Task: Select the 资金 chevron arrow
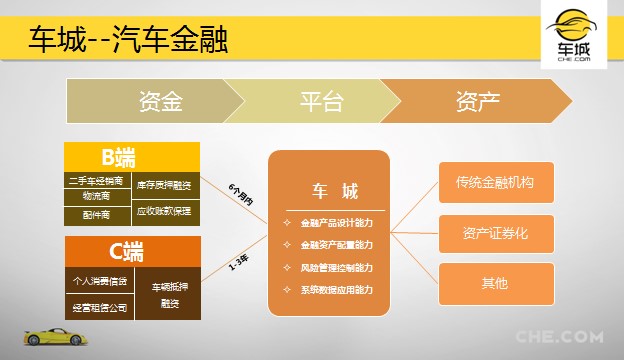(x=160, y=101)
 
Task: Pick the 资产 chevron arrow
(x=477, y=101)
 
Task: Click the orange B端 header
(x=132, y=157)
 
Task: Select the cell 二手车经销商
(x=98, y=182)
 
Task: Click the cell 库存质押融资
(x=166, y=185)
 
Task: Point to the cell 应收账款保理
(x=166, y=212)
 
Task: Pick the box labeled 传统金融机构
(x=495, y=183)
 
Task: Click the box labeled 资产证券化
(x=495, y=233)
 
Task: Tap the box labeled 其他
(x=495, y=283)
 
